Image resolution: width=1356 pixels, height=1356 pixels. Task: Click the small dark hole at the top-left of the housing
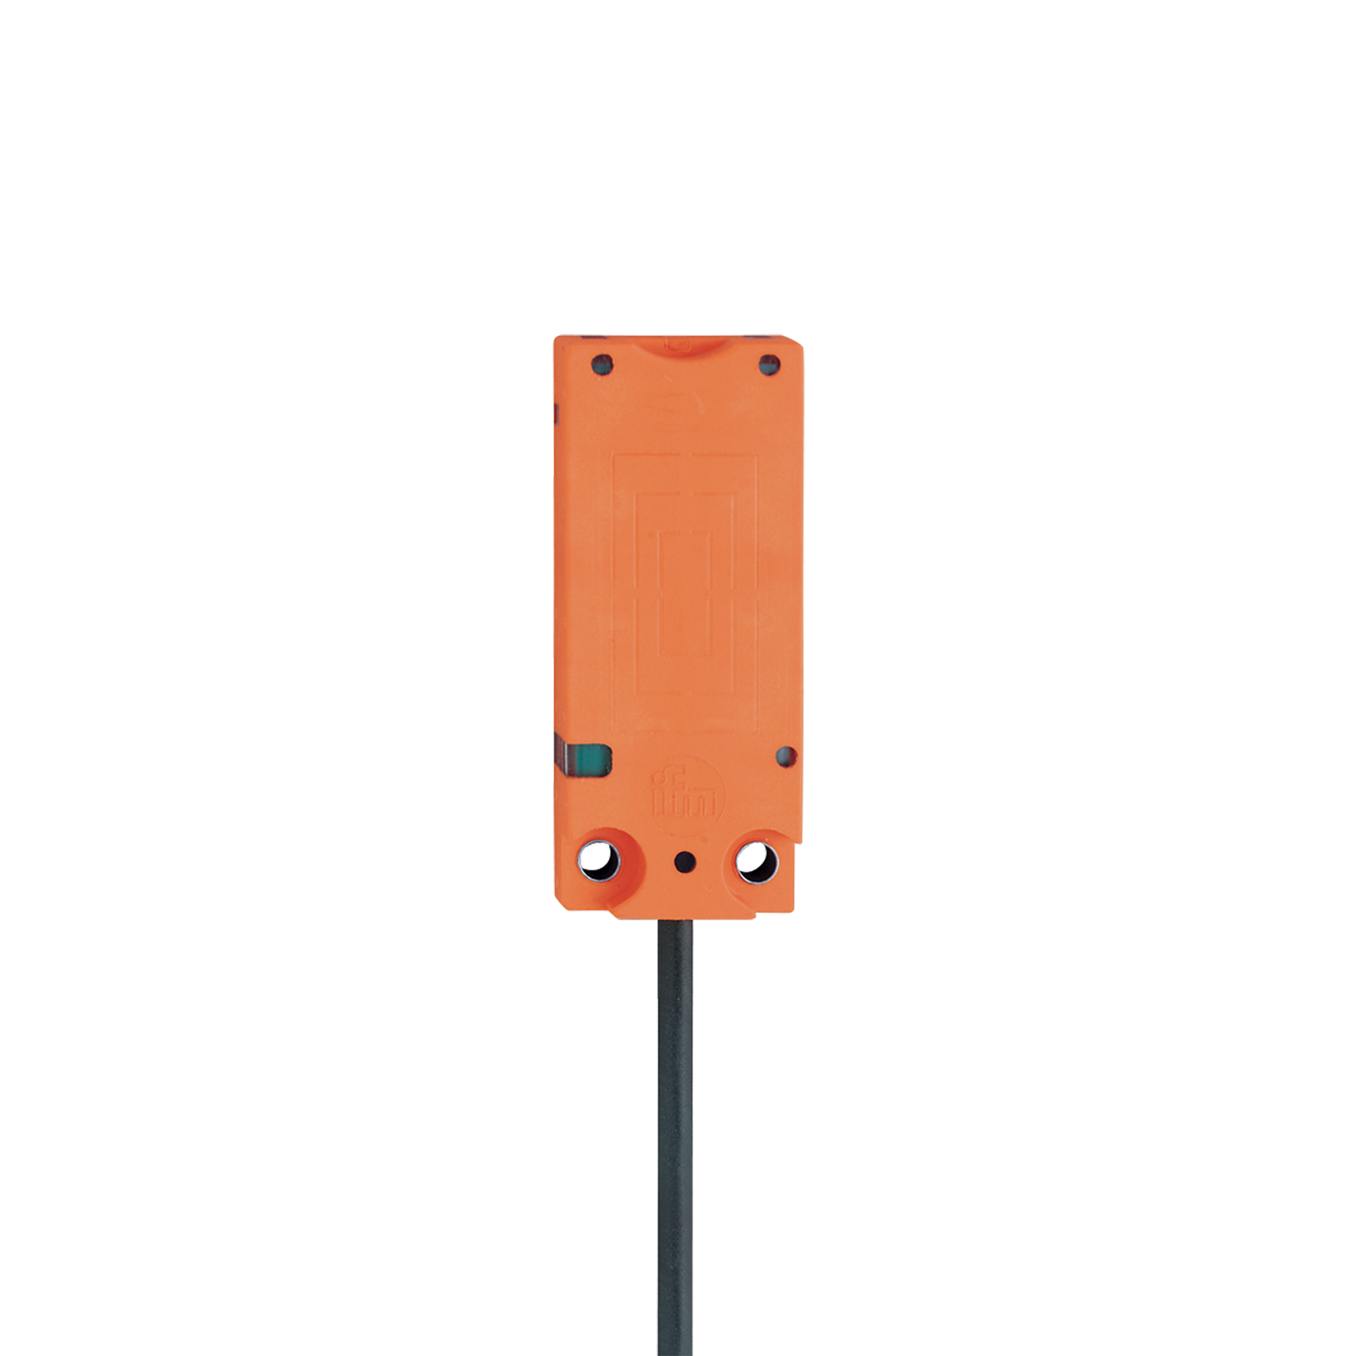(603, 365)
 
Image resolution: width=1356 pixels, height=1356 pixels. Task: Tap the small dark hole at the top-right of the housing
(769, 366)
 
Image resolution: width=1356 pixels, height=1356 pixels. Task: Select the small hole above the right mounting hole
(786, 756)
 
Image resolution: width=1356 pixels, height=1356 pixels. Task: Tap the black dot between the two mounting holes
(685, 863)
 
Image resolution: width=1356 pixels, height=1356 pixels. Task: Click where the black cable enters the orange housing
(675, 920)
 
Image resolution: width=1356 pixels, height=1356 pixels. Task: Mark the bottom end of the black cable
(675, 1354)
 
